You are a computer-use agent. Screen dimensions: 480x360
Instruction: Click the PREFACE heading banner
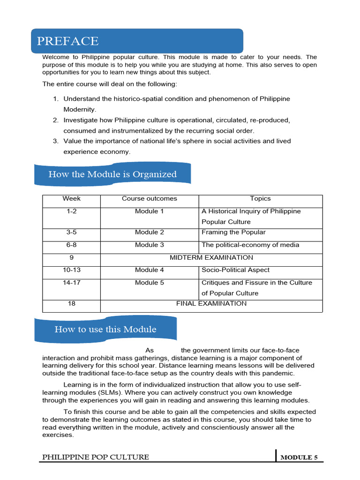(137, 41)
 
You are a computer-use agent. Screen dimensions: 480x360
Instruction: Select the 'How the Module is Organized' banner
(112, 174)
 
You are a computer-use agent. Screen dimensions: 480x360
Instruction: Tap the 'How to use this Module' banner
(105, 329)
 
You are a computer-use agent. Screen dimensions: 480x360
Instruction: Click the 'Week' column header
(71, 199)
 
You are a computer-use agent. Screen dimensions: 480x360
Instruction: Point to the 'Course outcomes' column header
(150, 199)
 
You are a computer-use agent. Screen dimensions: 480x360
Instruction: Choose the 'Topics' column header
(260, 199)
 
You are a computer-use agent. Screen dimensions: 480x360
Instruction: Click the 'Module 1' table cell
(150, 211)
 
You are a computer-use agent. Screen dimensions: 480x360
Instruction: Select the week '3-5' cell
(71, 232)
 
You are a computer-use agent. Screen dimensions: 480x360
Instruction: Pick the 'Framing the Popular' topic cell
(233, 232)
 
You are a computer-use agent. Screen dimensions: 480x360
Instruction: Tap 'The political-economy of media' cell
(250, 245)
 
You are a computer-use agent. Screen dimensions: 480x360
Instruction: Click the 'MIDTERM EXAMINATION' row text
(211, 258)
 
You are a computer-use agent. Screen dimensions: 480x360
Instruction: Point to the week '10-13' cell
(71, 270)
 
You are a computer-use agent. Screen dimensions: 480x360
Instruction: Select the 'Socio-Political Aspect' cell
(235, 270)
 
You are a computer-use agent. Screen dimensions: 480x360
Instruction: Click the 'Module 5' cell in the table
(150, 283)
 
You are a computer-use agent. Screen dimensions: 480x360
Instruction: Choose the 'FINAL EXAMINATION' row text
(211, 304)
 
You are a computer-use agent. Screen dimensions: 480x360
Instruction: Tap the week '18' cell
(71, 304)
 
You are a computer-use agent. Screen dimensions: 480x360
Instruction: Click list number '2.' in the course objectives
(55, 120)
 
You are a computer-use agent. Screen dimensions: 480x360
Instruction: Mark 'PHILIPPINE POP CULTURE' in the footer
(96, 457)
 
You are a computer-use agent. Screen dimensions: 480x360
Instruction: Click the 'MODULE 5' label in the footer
(299, 457)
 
